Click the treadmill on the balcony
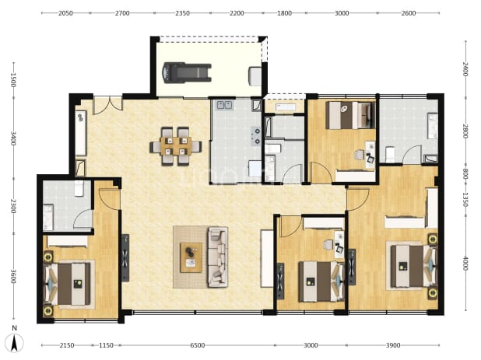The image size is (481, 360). pyautogui.click(x=187, y=72)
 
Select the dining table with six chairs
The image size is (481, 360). pyautogui.click(x=176, y=146)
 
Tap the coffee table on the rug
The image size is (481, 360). pyautogui.click(x=191, y=257)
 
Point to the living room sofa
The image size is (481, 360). pyautogui.click(x=217, y=257)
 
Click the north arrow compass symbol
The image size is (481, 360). pyautogui.click(x=15, y=343)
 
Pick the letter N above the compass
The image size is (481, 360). pyautogui.click(x=15, y=328)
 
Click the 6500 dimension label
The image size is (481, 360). pyautogui.click(x=197, y=345)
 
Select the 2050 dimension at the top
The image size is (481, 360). pyautogui.click(x=65, y=13)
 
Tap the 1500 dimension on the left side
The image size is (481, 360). pyautogui.click(x=13, y=80)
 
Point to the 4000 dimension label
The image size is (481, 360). pyautogui.click(x=465, y=263)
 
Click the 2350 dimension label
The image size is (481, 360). pyautogui.click(x=182, y=13)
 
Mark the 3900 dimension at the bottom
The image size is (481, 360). pyautogui.click(x=392, y=345)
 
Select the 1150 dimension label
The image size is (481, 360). pyautogui.click(x=106, y=345)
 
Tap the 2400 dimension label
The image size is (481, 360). pyautogui.click(x=465, y=69)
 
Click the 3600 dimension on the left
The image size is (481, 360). pyautogui.click(x=13, y=276)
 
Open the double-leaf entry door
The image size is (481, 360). pyautogui.click(x=107, y=105)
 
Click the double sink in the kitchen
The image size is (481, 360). pyautogui.click(x=225, y=105)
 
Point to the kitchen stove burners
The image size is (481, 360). pyautogui.click(x=256, y=136)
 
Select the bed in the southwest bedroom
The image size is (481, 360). pyautogui.click(x=68, y=284)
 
